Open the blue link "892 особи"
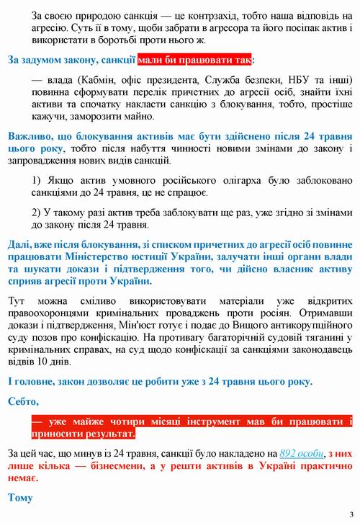[x=301, y=455]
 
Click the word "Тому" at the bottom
[x=20, y=498]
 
